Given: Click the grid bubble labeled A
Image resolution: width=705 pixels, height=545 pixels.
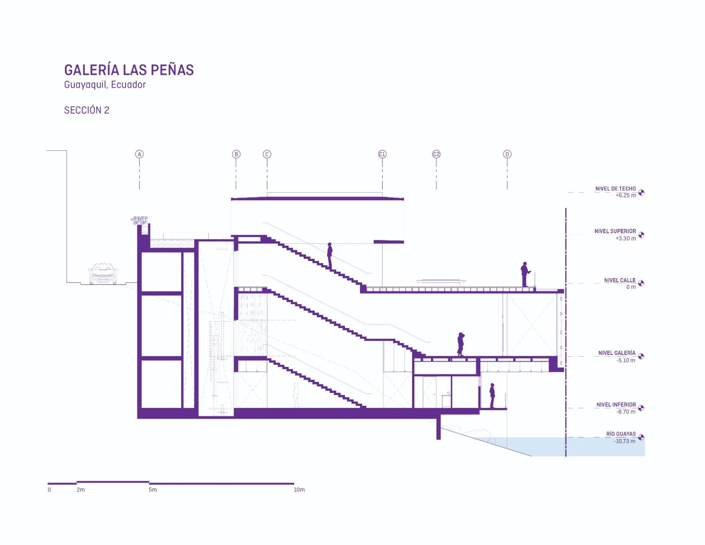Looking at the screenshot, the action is [139, 154].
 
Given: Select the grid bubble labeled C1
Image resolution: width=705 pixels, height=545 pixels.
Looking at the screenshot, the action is [382, 154].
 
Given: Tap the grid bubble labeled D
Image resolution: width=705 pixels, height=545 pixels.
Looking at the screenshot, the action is [507, 154].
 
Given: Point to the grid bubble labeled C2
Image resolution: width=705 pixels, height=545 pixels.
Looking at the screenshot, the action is [436, 154].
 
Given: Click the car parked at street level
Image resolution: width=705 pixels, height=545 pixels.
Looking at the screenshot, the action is [103, 274].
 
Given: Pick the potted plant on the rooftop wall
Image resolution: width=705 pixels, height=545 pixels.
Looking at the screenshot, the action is [140, 220].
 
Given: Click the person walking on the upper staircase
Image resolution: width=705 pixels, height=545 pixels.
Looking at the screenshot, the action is [330, 256].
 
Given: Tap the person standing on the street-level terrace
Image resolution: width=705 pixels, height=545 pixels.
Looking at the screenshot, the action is [524, 274].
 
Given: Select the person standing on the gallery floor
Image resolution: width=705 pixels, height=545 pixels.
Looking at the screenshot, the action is [460, 344].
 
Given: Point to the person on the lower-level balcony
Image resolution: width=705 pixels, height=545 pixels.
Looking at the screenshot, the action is [492, 396].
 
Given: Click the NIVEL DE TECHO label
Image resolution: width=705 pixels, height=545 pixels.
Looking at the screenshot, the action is [615, 189].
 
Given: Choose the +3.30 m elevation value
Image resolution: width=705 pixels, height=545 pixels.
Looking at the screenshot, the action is [626, 238].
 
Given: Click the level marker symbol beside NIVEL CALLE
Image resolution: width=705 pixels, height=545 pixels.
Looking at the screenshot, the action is [641, 283].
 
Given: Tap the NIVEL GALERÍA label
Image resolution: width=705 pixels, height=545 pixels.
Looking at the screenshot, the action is [617, 353].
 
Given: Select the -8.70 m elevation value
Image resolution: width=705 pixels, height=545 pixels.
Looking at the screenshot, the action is [626, 411].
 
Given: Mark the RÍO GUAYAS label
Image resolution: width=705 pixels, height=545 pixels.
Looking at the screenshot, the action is [621, 433].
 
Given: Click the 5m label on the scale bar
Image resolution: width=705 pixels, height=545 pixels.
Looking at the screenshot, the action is [153, 489].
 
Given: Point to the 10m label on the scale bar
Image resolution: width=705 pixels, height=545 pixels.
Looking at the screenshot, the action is [299, 489].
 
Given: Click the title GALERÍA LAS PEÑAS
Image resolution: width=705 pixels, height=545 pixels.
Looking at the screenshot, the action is [129, 70].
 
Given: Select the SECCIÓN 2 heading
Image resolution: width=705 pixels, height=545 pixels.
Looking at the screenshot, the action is [87, 110].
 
